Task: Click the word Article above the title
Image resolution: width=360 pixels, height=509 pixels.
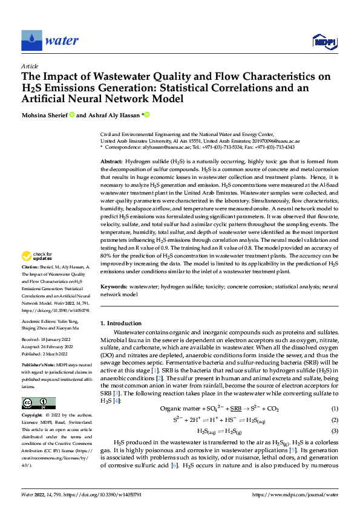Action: click(x=30, y=66)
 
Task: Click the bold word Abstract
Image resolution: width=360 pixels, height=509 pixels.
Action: click(x=111, y=163)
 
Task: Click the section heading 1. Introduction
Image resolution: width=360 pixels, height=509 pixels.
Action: click(x=122, y=323)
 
